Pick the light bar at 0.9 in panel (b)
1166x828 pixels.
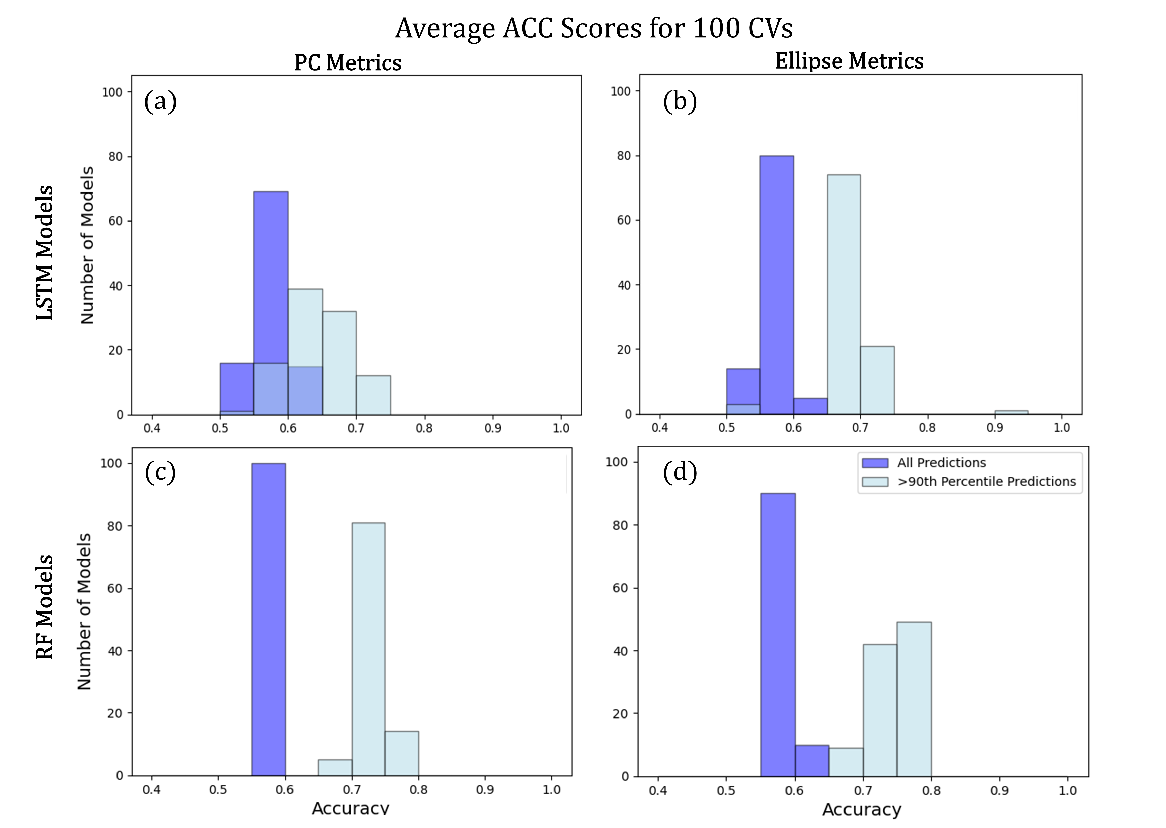(1011, 412)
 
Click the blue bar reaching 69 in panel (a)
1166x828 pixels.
(271, 275)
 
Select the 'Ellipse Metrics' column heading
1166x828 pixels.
(849, 61)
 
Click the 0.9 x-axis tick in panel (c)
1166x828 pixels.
(485, 790)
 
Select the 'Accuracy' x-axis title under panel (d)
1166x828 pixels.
(861, 810)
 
